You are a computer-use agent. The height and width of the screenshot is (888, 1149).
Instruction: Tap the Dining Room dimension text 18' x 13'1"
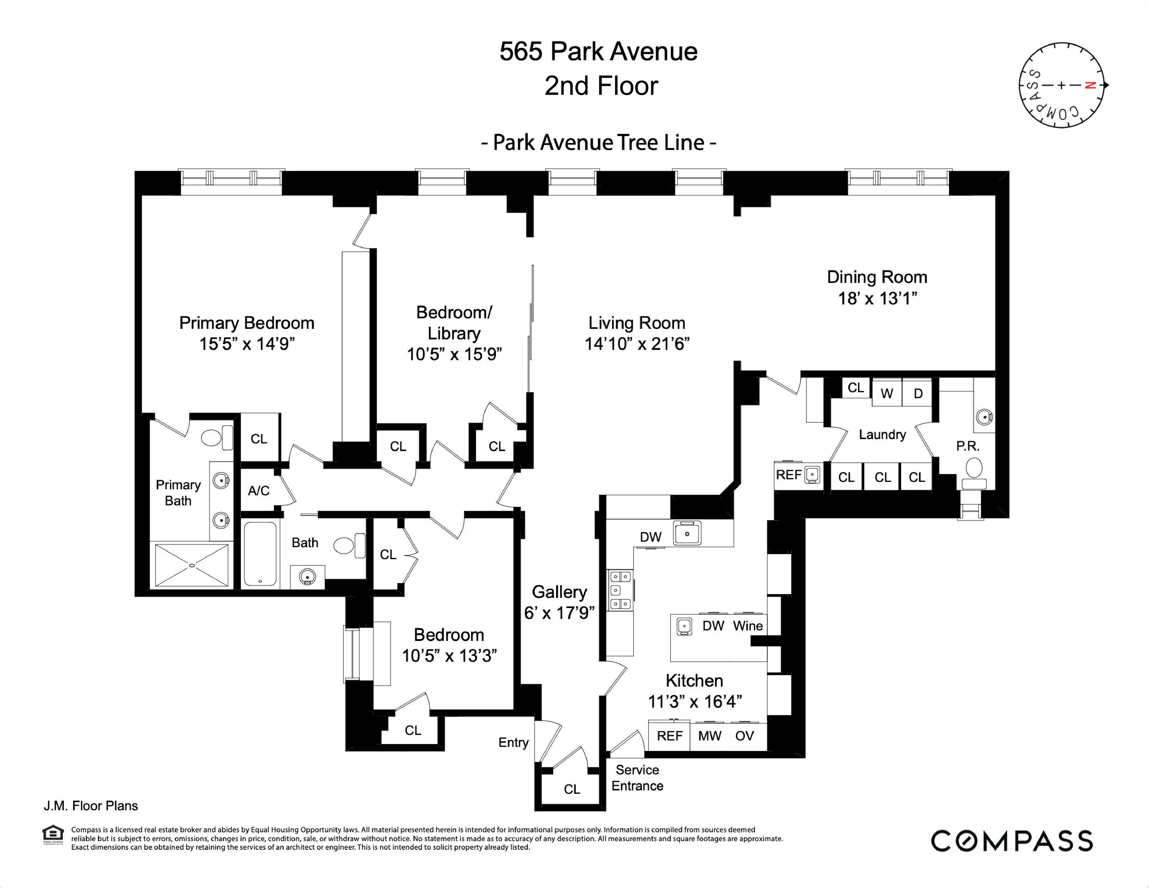[x=877, y=298]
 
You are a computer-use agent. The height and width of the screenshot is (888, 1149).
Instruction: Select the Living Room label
[x=637, y=323]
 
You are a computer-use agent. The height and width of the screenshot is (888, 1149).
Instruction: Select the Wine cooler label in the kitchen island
[x=748, y=626]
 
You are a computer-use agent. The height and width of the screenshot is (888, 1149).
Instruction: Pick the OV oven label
[x=744, y=736]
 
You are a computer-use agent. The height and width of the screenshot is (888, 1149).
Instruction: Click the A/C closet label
[x=258, y=491]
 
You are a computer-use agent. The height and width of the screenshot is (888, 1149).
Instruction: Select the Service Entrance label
[x=637, y=778]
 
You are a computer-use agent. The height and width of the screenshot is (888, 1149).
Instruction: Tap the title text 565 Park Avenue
[x=598, y=52]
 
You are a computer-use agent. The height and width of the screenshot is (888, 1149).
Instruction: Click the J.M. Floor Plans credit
[x=91, y=806]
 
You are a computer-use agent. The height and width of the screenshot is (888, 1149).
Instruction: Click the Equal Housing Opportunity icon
[x=53, y=835]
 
